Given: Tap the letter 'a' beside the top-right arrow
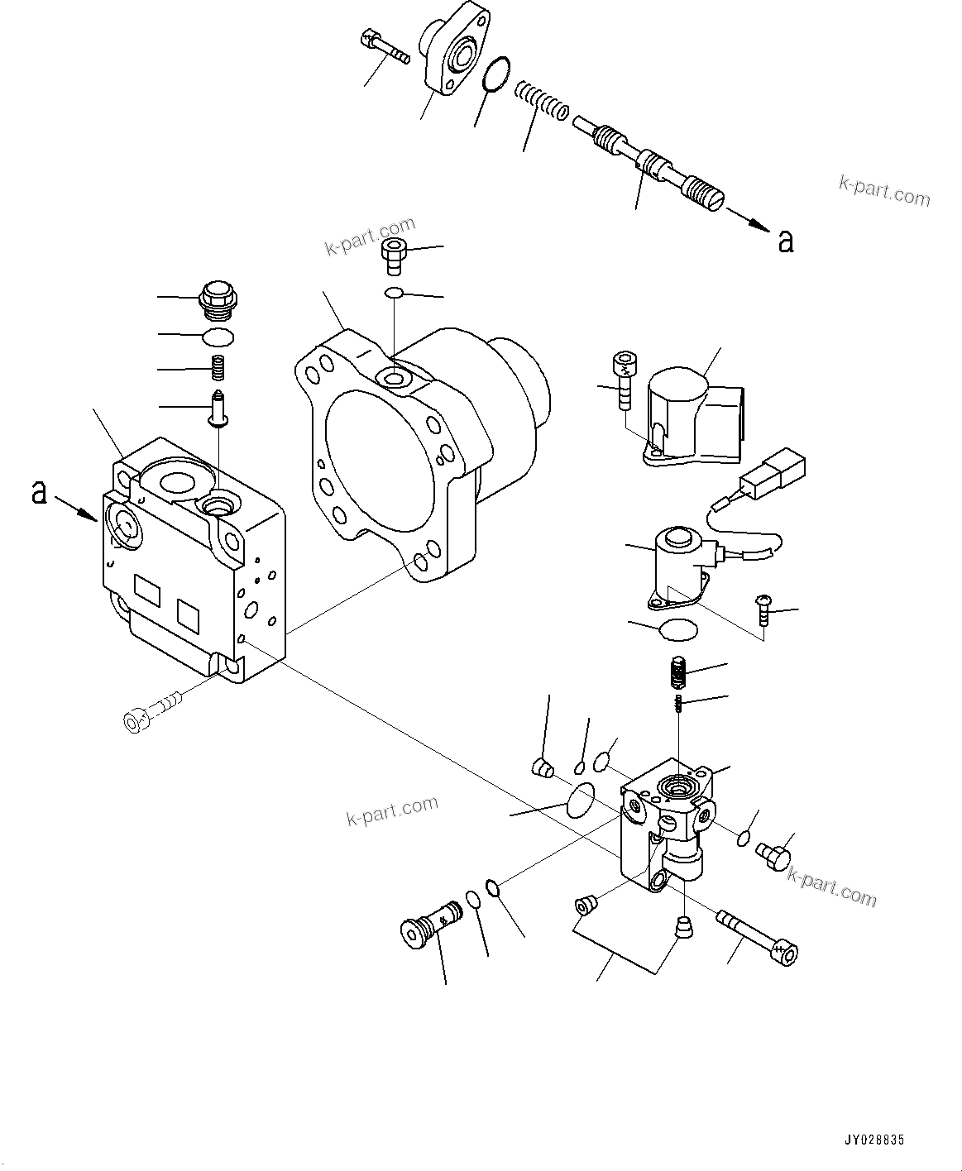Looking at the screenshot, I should pyautogui.click(x=785, y=241).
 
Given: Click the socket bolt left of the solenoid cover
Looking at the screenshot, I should pyautogui.click(x=625, y=379).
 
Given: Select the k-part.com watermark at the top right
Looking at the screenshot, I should pyautogui.click(x=884, y=192).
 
